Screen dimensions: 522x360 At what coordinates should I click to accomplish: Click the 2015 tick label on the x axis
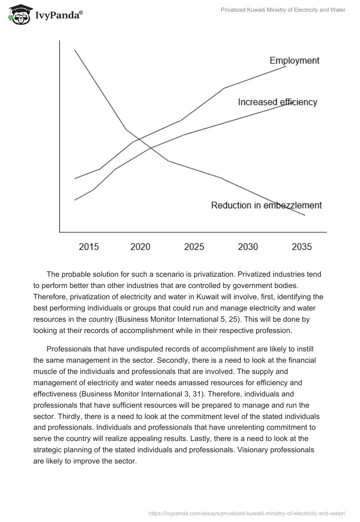click(x=89, y=247)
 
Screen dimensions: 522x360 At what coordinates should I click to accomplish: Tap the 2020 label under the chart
click(x=140, y=247)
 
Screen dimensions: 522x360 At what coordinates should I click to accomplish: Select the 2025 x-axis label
click(x=194, y=247)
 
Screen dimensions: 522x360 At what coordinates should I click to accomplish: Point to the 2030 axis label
click(x=248, y=247)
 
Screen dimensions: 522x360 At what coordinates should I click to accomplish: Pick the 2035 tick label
click(x=301, y=247)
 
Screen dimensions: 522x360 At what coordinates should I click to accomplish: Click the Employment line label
click(x=294, y=60)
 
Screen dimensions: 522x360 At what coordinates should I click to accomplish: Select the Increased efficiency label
click(x=277, y=102)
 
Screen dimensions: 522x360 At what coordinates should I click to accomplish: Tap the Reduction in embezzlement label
click(x=266, y=205)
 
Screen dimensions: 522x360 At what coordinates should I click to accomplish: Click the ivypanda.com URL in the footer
click(x=247, y=513)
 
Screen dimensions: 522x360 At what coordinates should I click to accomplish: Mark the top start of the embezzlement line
click(x=75, y=50)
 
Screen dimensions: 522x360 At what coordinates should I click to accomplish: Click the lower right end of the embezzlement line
click(x=305, y=215)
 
